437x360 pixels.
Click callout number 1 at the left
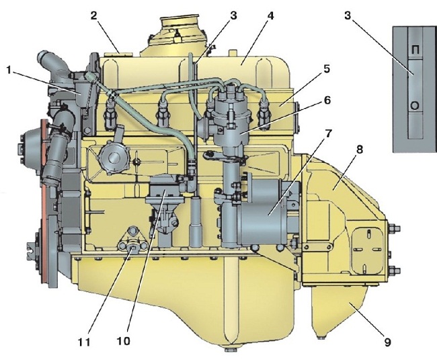pyautogui.click(x=9, y=71)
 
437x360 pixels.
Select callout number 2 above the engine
pyautogui.click(x=94, y=15)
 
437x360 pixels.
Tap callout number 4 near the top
pyautogui.click(x=270, y=15)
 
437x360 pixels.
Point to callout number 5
pyautogui.click(x=327, y=69)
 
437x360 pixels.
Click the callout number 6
pyautogui.click(x=327, y=100)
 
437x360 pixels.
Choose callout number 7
pyautogui.click(x=328, y=134)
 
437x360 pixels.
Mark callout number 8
pyautogui.click(x=360, y=150)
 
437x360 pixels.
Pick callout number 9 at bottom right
pyautogui.click(x=387, y=342)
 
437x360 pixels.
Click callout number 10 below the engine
pyautogui.click(x=124, y=340)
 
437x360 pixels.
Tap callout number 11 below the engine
pyautogui.click(x=84, y=342)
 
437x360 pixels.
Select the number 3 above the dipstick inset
pyautogui.click(x=348, y=15)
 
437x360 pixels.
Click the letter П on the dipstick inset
pyautogui.click(x=415, y=50)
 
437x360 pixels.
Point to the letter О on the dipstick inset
pyautogui.click(x=415, y=106)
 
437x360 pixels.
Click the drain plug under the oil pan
pyautogui.click(x=231, y=349)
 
